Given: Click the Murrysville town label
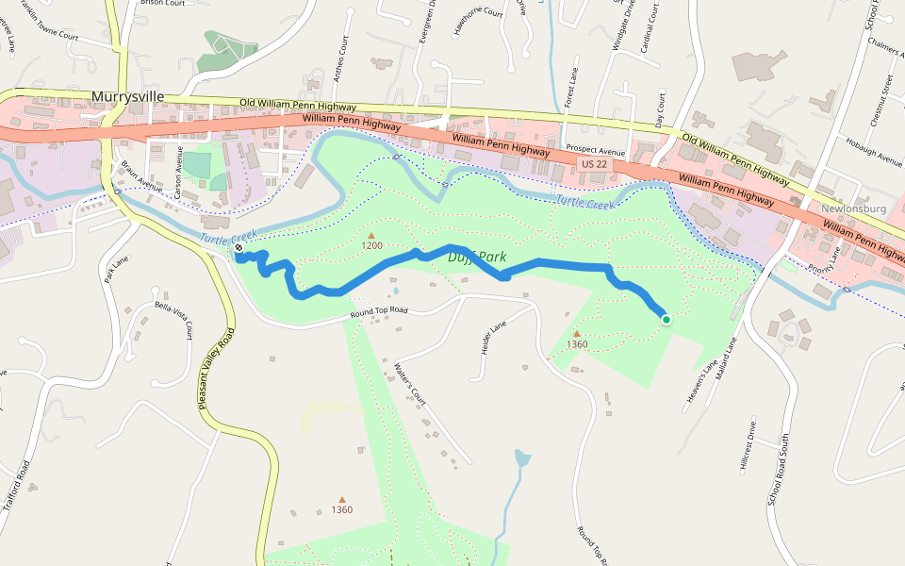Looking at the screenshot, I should [128, 96].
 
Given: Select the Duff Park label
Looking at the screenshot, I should [477, 257].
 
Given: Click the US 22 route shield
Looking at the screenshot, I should [592, 165].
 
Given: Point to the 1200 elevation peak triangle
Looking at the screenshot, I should [371, 235].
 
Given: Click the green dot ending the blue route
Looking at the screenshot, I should [666, 320].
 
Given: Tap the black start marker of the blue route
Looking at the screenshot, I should [239, 248].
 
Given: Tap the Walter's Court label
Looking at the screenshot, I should [412, 383].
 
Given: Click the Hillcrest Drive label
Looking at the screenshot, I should [749, 445].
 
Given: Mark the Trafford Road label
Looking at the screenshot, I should [17, 485].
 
